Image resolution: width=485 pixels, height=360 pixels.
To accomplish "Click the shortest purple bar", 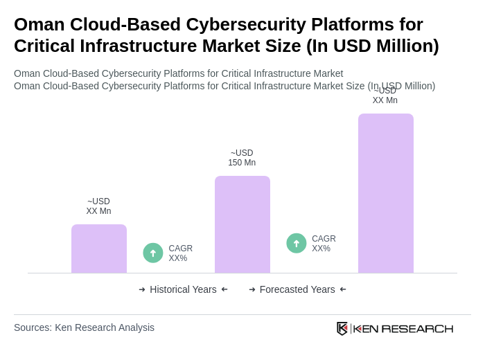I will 99,249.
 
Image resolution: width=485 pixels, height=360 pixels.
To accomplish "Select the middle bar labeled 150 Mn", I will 242,224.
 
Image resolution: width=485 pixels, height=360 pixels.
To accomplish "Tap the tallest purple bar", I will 385,193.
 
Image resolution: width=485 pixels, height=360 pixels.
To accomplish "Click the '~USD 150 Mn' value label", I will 242,158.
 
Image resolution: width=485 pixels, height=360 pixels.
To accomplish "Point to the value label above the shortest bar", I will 98,206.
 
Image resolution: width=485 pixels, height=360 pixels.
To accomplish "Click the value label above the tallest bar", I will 385,96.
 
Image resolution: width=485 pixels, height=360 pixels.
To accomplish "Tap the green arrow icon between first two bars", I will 153,253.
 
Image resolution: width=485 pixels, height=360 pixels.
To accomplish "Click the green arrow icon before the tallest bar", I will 297,243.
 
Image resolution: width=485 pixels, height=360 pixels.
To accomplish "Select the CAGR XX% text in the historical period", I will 180,253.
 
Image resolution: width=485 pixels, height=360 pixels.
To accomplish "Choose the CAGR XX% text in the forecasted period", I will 324,244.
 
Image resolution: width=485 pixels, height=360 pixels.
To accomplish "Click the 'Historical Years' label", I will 183,289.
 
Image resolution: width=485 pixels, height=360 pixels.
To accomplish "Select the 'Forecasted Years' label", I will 297,289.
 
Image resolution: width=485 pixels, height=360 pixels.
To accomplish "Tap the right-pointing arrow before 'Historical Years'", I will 142,289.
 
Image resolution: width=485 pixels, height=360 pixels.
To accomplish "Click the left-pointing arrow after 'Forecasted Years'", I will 343,289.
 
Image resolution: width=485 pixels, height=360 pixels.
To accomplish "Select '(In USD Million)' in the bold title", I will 373,46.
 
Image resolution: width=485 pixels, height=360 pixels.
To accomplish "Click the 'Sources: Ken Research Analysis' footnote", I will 84,327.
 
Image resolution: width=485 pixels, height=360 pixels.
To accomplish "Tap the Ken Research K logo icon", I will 342,328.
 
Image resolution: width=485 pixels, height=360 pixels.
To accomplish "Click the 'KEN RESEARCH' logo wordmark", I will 403,328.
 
